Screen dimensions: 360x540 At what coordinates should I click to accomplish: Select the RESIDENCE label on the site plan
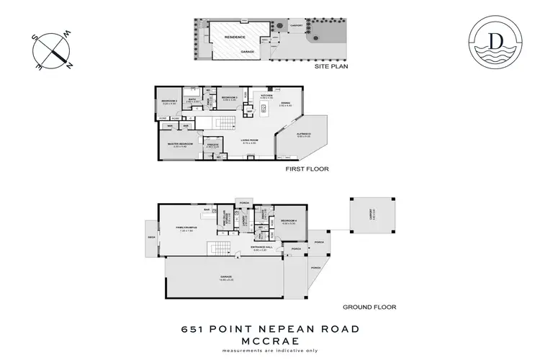click(235, 37)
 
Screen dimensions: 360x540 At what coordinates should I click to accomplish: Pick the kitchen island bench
click(264, 109)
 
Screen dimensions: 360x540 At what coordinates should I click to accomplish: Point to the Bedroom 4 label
click(289, 220)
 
